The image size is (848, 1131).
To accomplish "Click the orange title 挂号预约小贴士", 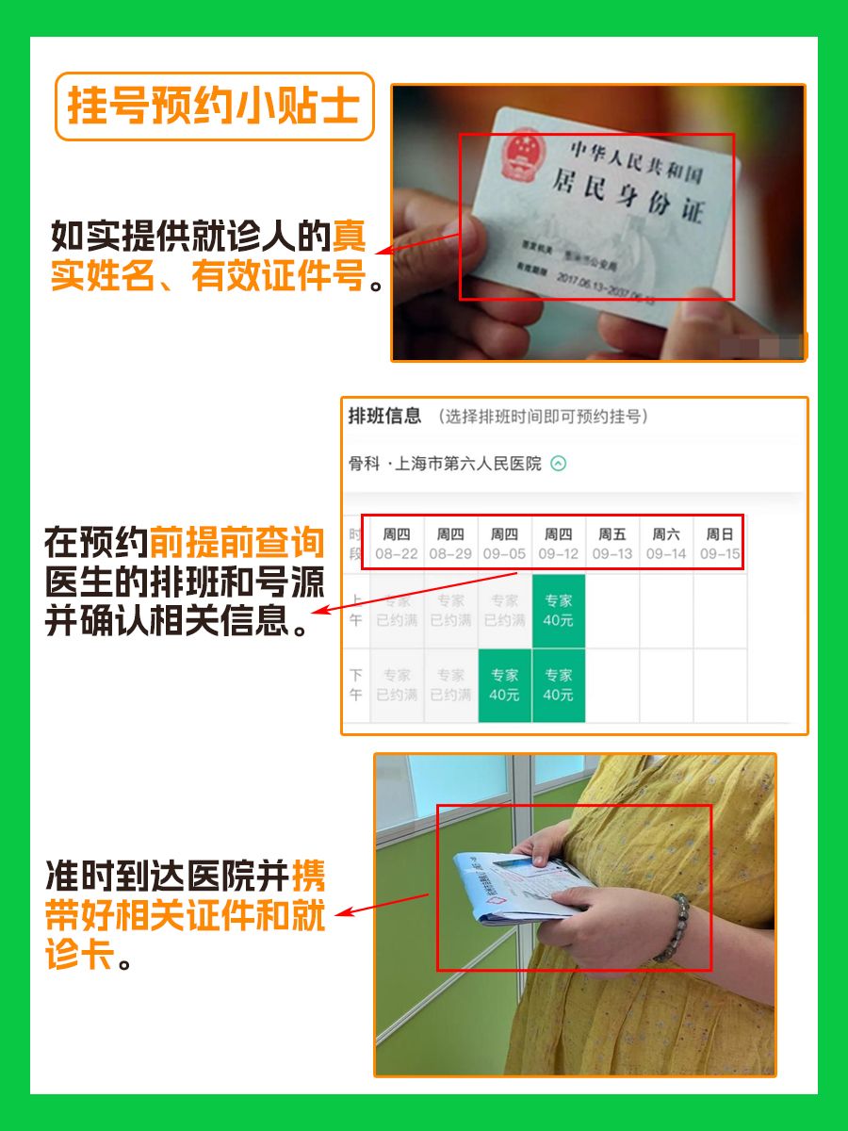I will [214, 107].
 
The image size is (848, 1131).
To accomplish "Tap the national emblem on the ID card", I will [518, 156].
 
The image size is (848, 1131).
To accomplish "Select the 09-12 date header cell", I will [559, 544].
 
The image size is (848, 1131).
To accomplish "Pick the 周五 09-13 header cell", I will [612, 544].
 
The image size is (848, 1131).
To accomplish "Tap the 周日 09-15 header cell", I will [720, 544].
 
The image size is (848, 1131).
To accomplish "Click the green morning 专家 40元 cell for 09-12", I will [559, 610].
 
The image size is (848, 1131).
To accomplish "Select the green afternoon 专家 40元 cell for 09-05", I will [504, 685].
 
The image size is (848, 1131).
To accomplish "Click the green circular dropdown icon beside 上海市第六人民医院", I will [559, 464].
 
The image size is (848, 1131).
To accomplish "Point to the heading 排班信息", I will [384, 417].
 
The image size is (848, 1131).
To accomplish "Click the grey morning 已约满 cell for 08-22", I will [397, 610].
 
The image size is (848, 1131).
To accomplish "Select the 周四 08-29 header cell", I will [450, 544].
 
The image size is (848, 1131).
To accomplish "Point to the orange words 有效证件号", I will [279, 278].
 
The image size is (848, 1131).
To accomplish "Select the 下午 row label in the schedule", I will [355, 685].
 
